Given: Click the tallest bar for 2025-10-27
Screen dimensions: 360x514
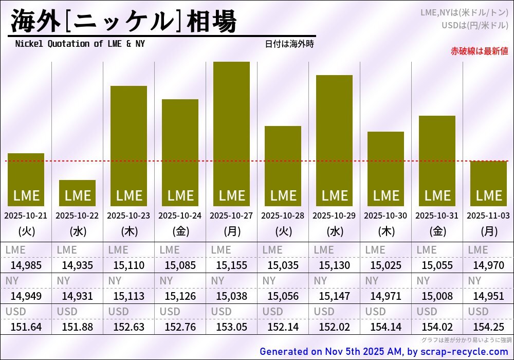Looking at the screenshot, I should [231, 134].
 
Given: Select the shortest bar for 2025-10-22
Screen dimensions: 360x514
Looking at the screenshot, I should [77, 193].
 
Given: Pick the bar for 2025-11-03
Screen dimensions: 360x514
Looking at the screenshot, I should [488, 184].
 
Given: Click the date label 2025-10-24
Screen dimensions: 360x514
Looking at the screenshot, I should [180, 215].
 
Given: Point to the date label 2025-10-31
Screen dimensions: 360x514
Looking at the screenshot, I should [437, 215].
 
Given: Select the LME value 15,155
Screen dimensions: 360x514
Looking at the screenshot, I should [231, 265].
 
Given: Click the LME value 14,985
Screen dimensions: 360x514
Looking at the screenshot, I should [26, 265].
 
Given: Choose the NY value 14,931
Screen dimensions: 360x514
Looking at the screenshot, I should [77, 296].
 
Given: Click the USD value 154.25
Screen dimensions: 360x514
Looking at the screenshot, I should [488, 327].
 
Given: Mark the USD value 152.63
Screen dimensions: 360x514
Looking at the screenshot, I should [128, 327].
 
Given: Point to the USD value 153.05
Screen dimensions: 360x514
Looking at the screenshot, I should [231, 327].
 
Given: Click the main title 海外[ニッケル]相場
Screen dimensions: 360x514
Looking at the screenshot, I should [123, 22].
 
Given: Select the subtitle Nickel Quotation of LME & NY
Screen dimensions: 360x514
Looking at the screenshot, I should [80, 44].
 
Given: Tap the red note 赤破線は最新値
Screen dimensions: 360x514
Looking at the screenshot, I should [479, 51].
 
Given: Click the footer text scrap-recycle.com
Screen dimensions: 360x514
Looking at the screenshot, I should [465, 352].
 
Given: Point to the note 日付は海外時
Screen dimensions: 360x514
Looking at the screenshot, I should [289, 44].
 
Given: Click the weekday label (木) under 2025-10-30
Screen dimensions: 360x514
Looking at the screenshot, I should [385, 231].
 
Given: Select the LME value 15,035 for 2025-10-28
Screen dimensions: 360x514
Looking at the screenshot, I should [283, 265].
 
